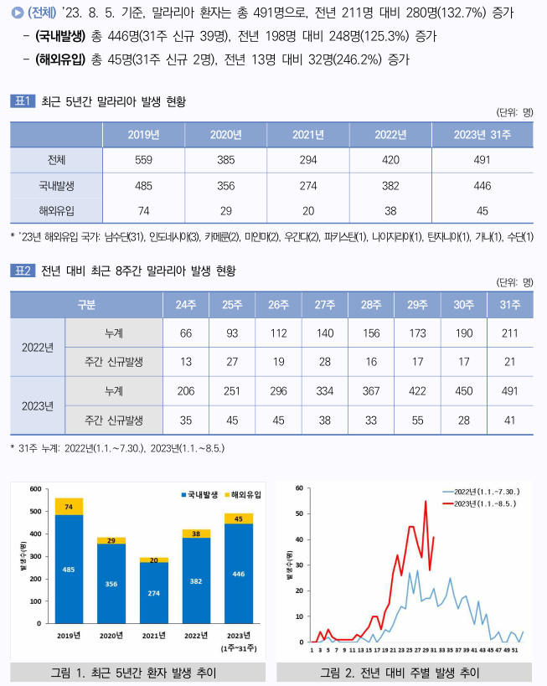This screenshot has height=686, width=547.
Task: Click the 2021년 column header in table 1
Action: pos(309,135)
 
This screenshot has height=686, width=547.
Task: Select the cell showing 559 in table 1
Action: pos(143,160)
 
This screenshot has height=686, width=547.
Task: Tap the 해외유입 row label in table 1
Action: pos(56,211)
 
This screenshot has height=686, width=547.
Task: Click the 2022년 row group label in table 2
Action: pos(37,348)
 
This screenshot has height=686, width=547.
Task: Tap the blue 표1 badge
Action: pos(22,101)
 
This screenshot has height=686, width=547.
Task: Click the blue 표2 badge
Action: pos(22,271)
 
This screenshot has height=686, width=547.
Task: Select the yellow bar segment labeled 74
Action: pos(69,507)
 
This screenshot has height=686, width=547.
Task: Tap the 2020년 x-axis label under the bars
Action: pos(111,636)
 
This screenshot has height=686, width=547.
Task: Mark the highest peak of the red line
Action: pos(426,502)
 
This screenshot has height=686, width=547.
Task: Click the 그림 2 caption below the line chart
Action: pos(400,672)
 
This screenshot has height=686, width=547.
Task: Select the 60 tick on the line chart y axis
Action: pos(299,488)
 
